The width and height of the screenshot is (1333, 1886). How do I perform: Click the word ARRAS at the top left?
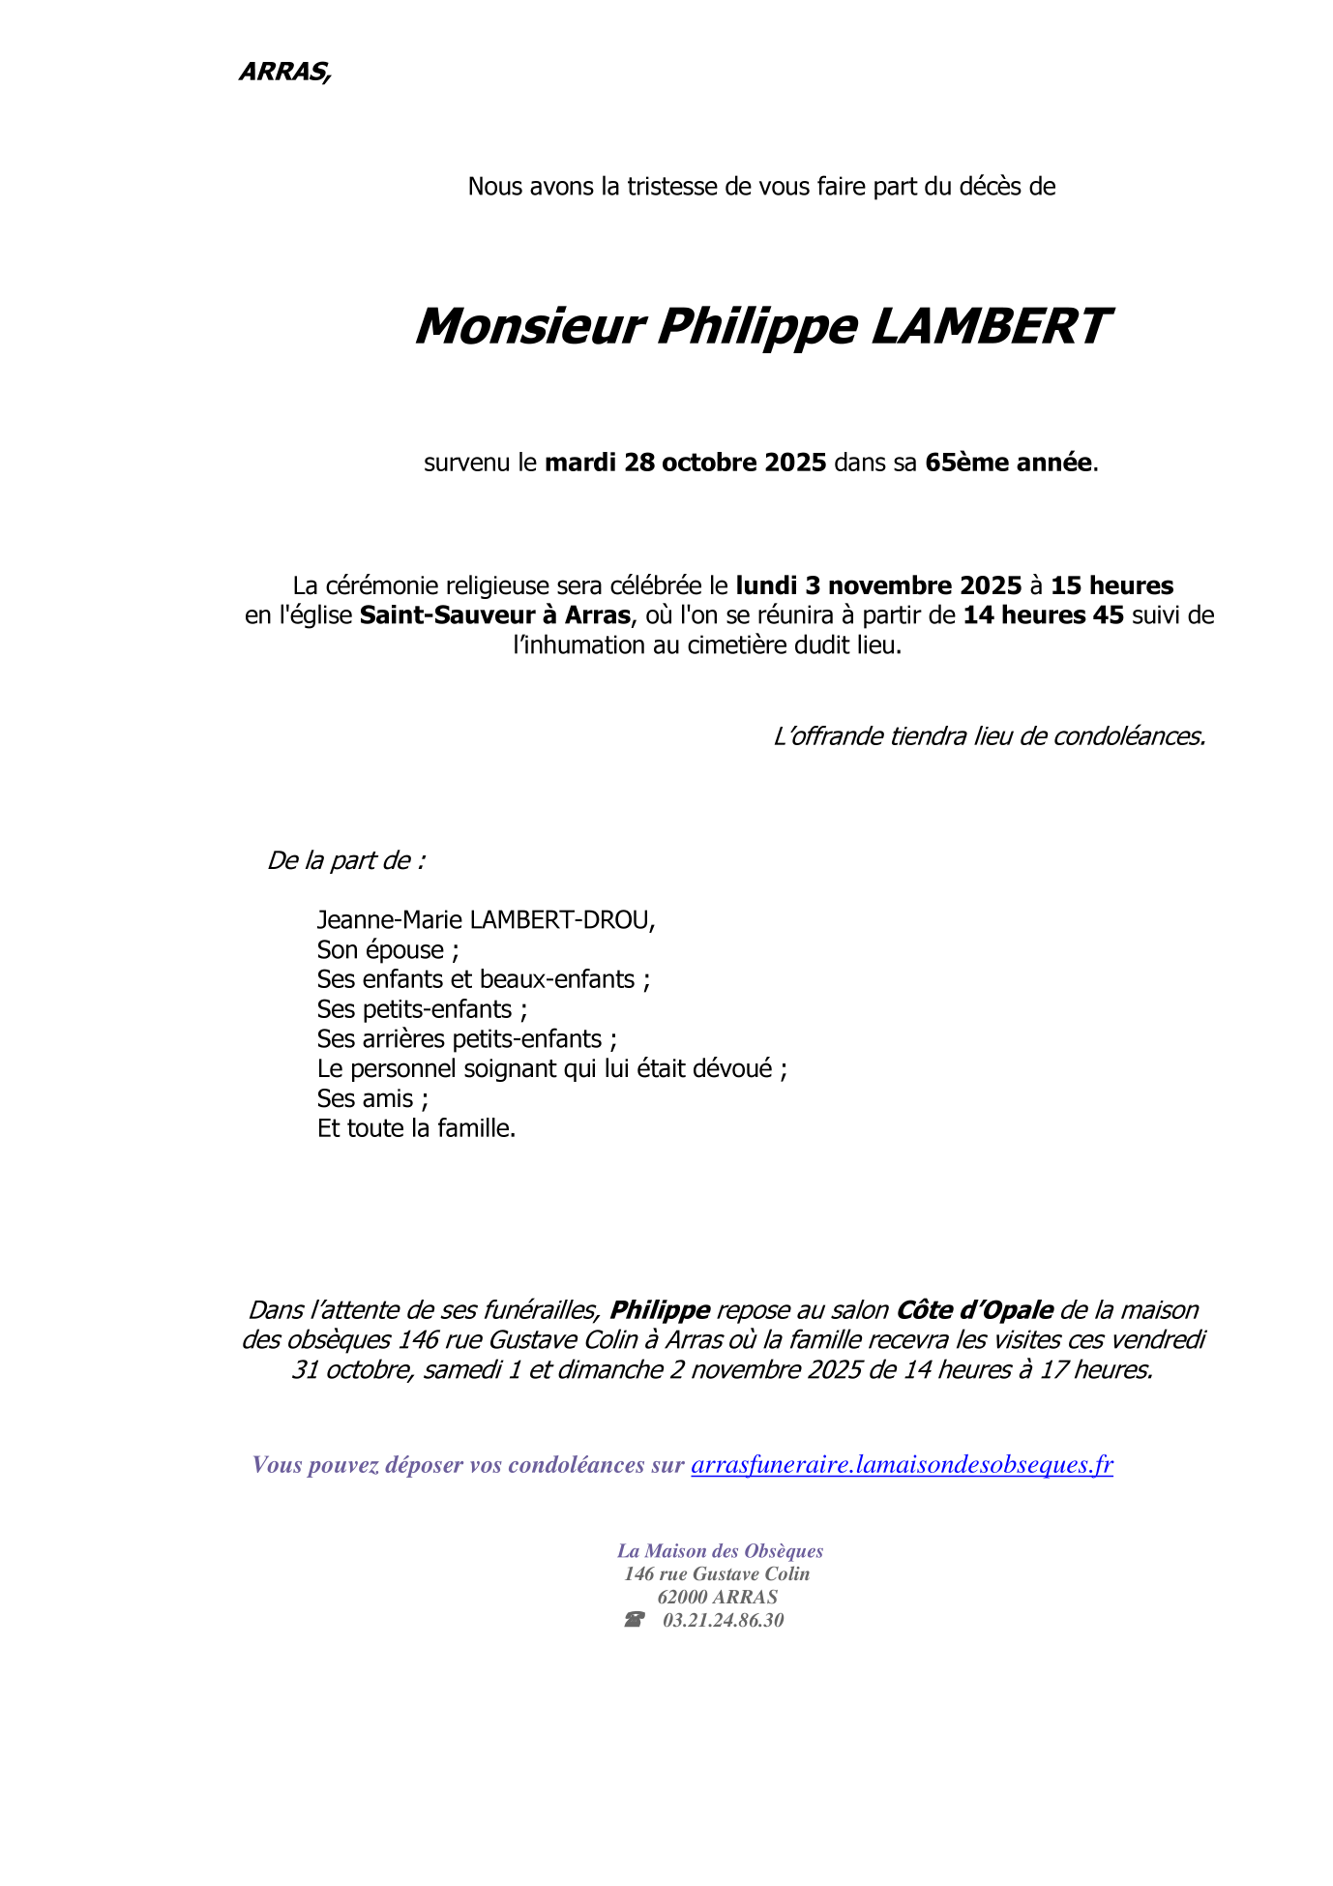(x=283, y=72)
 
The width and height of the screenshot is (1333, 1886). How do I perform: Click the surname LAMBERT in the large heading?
(x=989, y=326)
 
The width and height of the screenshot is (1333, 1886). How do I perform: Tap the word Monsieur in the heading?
(x=529, y=326)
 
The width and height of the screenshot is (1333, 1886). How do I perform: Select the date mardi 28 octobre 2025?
(x=685, y=463)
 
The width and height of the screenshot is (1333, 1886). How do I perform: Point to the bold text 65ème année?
(x=1008, y=463)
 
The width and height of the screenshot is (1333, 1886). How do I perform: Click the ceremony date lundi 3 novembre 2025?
(x=878, y=585)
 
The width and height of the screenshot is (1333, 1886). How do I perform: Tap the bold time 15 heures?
(x=1111, y=585)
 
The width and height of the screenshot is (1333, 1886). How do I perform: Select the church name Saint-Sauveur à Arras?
(x=494, y=615)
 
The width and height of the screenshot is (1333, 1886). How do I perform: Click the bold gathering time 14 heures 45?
(x=1043, y=615)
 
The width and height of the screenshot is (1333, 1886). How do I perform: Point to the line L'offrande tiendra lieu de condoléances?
(x=989, y=736)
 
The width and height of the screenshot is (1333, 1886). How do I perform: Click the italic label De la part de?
(x=345, y=860)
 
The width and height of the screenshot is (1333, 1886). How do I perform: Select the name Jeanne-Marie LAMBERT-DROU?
(x=486, y=919)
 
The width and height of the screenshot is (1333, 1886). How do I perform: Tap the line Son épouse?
(x=387, y=949)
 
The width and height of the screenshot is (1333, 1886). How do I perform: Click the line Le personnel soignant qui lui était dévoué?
(x=551, y=1068)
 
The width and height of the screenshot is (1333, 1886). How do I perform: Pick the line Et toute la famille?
(x=416, y=1128)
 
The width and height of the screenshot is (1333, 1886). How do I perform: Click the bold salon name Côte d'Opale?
(x=974, y=1310)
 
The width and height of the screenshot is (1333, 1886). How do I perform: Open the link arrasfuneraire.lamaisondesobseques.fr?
(x=902, y=1464)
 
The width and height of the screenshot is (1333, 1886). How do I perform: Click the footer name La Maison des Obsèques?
(x=720, y=1551)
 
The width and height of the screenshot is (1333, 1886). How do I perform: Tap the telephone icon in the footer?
(x=635, y=1620)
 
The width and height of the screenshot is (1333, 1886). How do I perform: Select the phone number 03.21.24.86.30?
(x=723, y=1620)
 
